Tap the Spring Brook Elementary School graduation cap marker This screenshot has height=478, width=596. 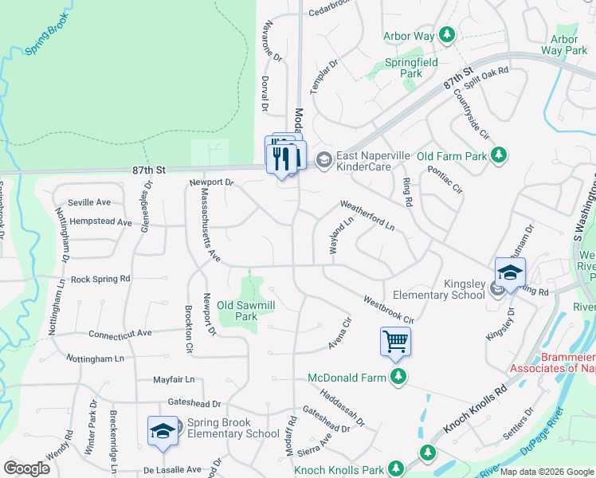[x=163, y=431]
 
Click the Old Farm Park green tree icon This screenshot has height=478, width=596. [x=499, y=155]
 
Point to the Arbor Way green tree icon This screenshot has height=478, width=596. [x=449, y=36]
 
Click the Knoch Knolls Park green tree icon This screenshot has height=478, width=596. [x=428, y=453]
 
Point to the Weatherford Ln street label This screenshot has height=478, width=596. [x=367, y=215]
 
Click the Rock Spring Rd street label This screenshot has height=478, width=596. [x=100, y=280]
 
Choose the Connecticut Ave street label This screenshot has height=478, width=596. [x=120, y=334]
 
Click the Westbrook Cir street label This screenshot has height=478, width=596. [x=390, y=308]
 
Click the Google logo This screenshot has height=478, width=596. [x=26, y=468]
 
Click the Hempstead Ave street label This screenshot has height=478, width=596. [x=100, y=222]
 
